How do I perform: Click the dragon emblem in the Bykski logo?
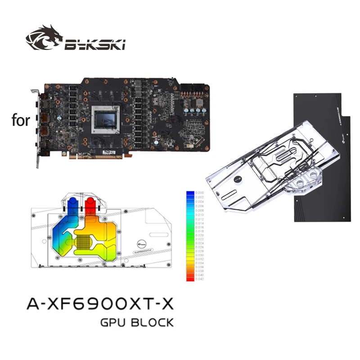pyautogui.click(x=44, y=38)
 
